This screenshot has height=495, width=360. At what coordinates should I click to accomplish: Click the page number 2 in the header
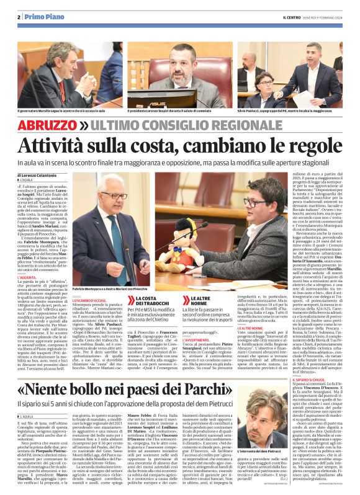click(20, 17)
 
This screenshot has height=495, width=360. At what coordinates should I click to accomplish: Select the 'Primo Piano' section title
click(43, 17)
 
